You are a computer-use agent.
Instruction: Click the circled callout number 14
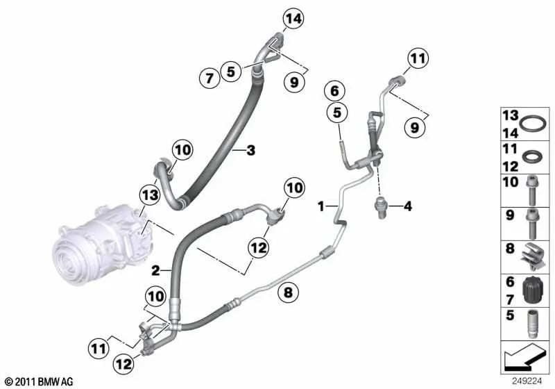click(x=293, y=19)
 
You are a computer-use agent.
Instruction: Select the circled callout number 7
click(x=210, y=78)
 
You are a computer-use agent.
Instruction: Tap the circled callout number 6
click(x=335, y=91)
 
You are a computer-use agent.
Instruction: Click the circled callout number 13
click(x=150, y=194)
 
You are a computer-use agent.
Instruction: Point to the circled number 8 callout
click(x=289, y=292)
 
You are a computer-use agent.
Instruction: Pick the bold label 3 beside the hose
click(x=251, y=151)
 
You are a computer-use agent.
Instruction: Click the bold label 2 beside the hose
click(x=155, y=271)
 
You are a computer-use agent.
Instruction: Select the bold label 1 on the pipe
click(x=321, y=206)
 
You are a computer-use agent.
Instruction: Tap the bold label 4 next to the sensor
click(x=408, y=206)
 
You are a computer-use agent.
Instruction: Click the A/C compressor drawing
click(x=103, y=243)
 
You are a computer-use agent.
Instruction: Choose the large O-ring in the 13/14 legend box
click(x=533, y=124)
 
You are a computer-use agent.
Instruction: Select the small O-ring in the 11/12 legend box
click(x=530, y=156)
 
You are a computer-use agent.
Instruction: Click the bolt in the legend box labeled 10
click(x=532, y=190)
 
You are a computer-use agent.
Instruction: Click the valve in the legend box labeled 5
click(x=531, y=324)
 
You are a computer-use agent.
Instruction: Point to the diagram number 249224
click(x=527, y=381)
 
